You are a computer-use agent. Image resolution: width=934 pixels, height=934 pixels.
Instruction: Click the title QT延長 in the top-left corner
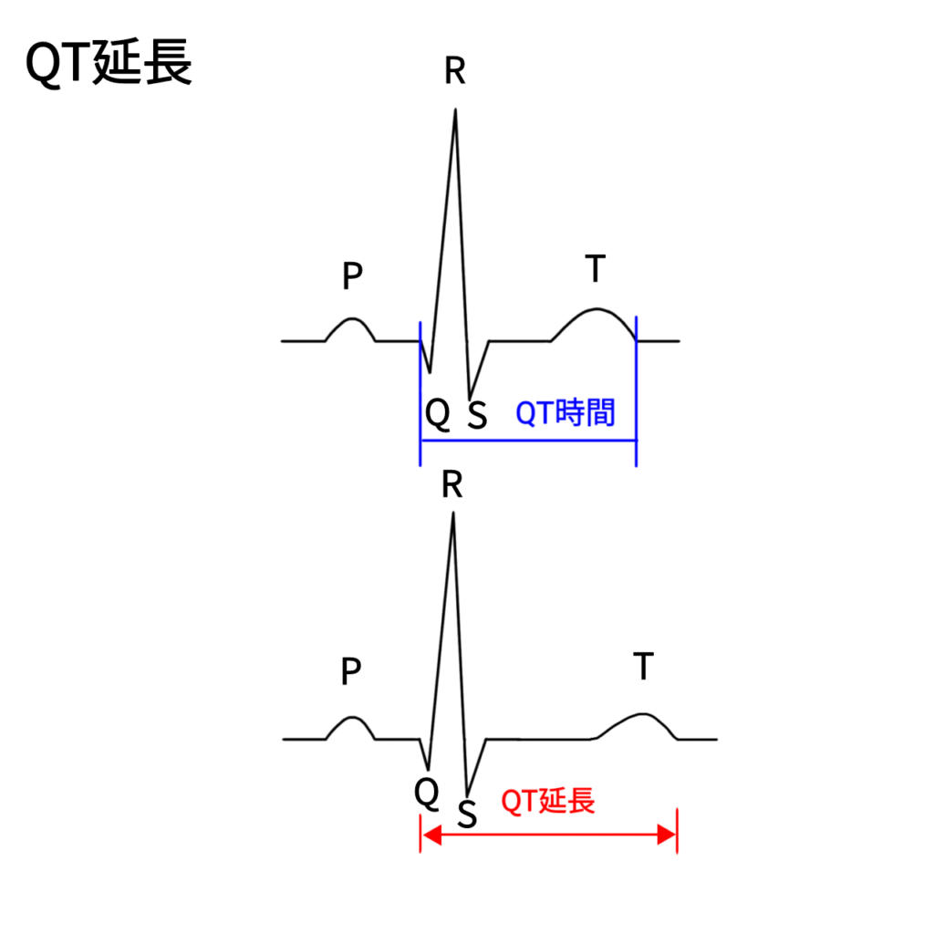(109, 63)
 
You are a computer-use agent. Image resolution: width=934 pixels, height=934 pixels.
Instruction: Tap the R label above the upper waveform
(455, 71)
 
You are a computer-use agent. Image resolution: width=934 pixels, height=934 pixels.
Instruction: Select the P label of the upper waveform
(352, 275)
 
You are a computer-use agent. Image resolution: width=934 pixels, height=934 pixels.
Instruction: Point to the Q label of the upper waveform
(438, 413)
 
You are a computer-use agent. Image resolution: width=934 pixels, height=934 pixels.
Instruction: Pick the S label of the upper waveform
(477, 415)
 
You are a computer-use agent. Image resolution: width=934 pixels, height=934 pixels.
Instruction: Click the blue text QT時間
(565, 412)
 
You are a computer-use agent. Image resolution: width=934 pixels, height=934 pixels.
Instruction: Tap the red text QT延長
(548, 801)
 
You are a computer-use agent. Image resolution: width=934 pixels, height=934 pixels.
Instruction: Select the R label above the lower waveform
(452, 484)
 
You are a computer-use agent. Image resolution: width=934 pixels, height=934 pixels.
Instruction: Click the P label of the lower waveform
(351, 671)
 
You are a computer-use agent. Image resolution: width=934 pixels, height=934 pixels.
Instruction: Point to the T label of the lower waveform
(643, 666)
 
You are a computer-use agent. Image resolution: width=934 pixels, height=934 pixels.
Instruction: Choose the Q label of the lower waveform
(427, 794)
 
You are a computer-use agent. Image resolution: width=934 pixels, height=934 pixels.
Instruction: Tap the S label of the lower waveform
(468, 815)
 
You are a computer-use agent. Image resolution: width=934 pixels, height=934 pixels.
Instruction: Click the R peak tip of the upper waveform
(456, 109)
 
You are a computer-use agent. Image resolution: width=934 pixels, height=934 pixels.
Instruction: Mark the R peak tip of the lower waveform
(453, 514)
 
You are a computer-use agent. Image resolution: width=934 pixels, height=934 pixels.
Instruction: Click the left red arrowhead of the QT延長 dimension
(431, 835)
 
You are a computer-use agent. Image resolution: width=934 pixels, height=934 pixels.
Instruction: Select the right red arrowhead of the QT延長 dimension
(667, 835)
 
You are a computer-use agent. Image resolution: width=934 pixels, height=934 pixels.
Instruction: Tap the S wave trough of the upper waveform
(470, 398)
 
